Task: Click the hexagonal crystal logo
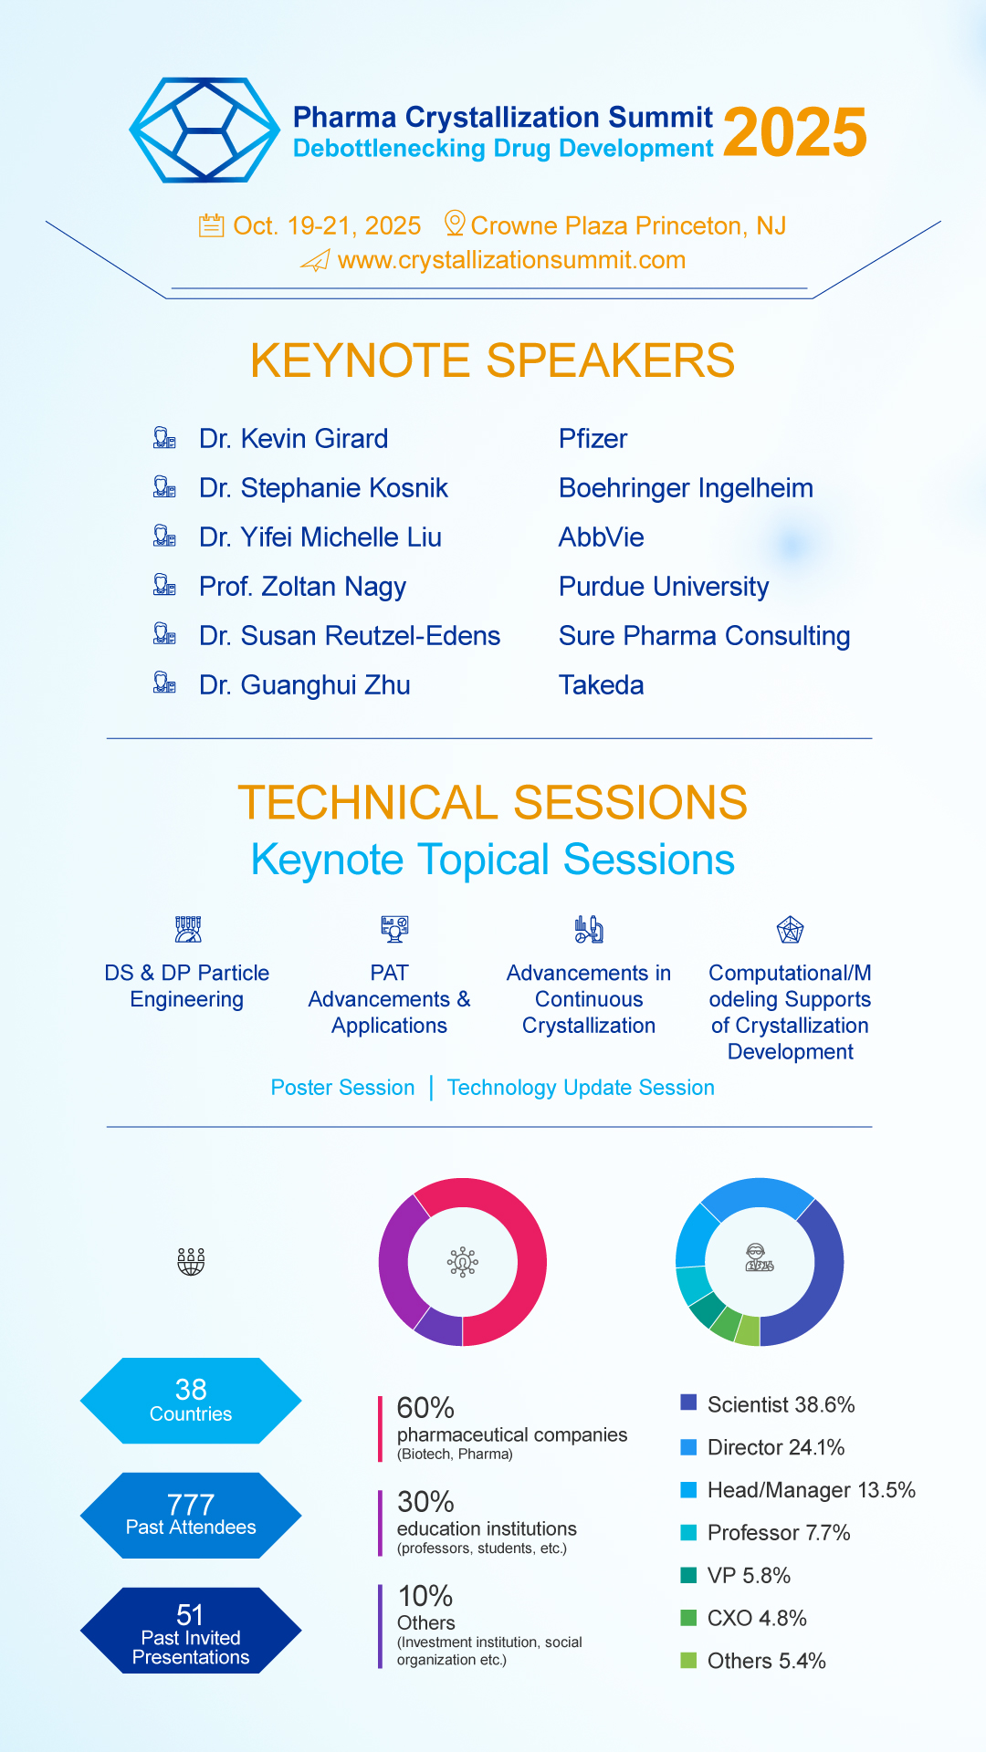point(205,130)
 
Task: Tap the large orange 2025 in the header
point(795,132)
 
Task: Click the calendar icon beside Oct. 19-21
point(212,224)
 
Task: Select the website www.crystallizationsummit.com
point(511,260)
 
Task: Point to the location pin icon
point(455,224)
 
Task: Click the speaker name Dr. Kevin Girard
point(294,439)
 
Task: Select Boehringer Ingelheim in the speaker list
point(686,488)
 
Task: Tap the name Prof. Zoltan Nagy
point(303,587)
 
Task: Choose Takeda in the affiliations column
point(602,685)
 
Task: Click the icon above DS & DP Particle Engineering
point(188,930)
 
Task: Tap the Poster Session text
point(343,1088)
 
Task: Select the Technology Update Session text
point(581,1088)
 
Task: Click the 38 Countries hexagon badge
point(191,1401)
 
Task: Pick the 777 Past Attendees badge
point(191,1516)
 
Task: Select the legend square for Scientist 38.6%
point(689,1403)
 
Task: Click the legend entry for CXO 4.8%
point(744,1619)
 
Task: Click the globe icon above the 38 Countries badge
point(191,1262)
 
